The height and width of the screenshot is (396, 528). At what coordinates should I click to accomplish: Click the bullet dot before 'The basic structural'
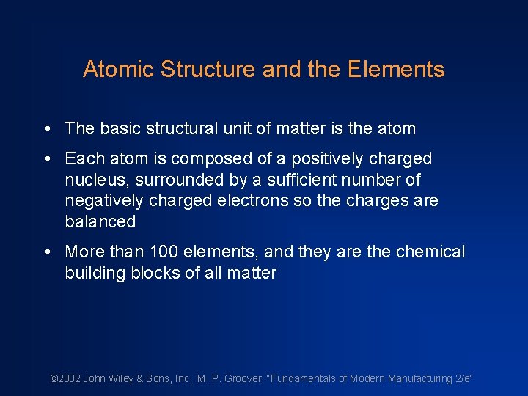pyautogui.click(x=47, y=129)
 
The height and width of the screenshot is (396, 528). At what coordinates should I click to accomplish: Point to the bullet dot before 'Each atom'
pyautogui.click(x=47, y=158)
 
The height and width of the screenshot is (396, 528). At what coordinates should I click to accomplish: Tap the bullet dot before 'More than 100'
pyautogui.click(x=47, y=252)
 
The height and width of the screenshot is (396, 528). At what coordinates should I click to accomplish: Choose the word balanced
pyautogui.click(x=100, y=221)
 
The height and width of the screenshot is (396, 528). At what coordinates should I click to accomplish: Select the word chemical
pyautogui.click(x=430, y=252)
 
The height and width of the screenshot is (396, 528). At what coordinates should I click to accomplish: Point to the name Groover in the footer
pyautogui.click(x=243, y=378)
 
